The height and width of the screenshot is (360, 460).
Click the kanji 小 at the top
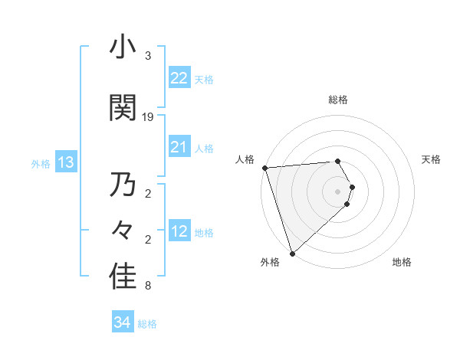tap(123, 48)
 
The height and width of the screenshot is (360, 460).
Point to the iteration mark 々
tap(123, 231)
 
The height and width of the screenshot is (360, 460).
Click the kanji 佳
tap(123, 277)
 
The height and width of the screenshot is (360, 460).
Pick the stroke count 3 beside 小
tap(148, 57)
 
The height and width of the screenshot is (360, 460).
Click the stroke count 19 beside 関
tap(148, 116)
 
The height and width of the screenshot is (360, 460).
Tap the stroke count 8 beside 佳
tap(148, 286)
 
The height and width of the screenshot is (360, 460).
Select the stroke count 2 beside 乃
tap(148, 193)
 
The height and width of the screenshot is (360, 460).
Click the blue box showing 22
tap(179, 78)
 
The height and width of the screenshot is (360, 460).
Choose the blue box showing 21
tap(179, 146)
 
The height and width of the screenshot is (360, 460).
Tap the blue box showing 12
tap(179, 231)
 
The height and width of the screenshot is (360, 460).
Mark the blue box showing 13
tap(65, 162)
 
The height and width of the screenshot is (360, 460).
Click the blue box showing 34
tap(123, 322)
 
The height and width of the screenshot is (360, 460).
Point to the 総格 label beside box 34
tap(148, 324)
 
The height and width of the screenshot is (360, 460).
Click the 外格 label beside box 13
tap(41, 164)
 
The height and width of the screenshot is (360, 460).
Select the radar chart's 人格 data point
tap(264, 168)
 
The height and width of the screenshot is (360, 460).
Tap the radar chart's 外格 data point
tap(291, 253)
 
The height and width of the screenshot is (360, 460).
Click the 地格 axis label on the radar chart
tap(402, 262)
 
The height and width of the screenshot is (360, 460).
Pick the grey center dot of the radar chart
tap(338, 191)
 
